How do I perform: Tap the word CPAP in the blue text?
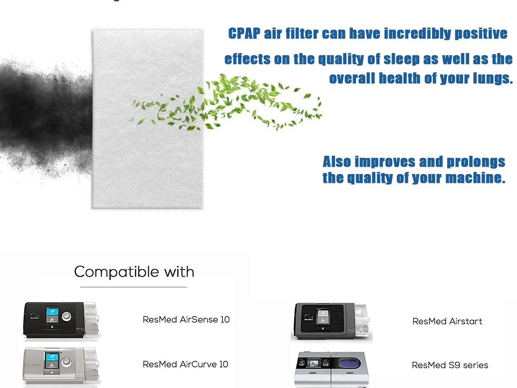[244, 34]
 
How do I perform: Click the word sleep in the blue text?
[402, 59]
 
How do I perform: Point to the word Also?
[336, 162]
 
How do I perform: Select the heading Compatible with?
[134, 272]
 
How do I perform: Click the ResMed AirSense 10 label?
[186, 320]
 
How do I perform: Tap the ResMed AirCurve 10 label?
[185, 365]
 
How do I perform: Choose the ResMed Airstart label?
[447, 321]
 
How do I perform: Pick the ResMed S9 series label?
[450, 365]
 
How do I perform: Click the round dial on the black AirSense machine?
[67, 316]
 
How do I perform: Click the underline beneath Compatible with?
[134, 287]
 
